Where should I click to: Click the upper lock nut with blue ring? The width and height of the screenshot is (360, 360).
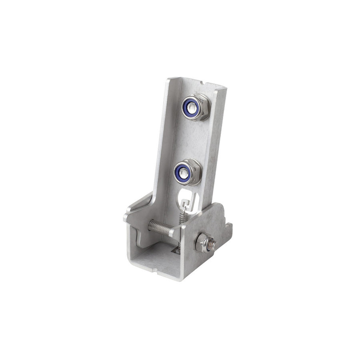pos(196,107)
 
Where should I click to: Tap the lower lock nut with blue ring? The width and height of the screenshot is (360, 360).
pos(187,172)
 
